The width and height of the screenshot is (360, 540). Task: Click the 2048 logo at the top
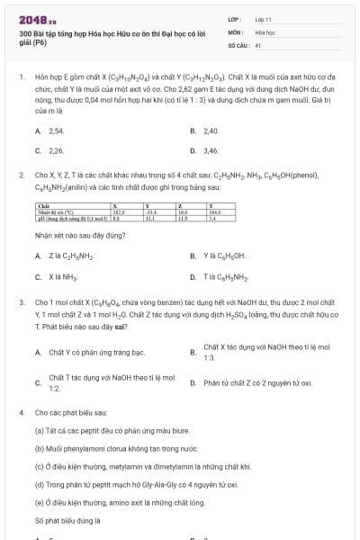33,18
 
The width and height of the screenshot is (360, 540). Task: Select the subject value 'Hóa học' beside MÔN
265,31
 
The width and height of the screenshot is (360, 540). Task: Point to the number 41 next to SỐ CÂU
258,44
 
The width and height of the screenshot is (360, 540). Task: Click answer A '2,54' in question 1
56,130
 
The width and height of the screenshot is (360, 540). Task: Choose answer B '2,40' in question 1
211,130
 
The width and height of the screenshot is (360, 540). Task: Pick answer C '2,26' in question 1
56,150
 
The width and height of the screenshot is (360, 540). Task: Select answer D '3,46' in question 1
211,150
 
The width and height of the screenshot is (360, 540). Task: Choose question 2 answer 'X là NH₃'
63,276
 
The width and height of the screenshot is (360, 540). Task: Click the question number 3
22,303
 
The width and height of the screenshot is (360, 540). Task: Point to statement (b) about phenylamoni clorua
104,447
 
